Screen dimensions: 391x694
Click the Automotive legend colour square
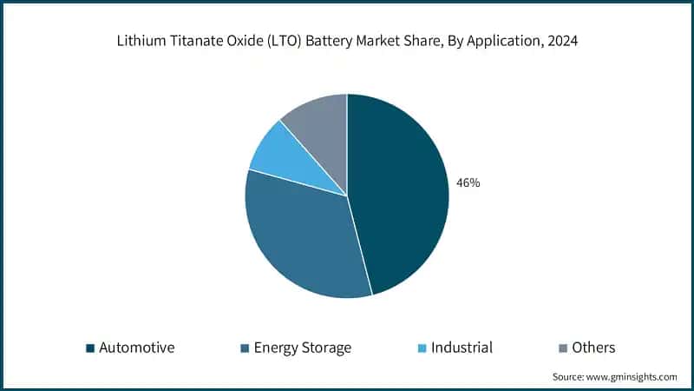point(89,348)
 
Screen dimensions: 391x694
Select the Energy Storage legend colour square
point(244,348)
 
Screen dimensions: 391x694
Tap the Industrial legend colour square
point(422,348)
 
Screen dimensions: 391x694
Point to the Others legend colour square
point(564,348)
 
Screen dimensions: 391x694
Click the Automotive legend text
point(137,348)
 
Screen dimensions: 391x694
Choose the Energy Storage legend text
point(302,348)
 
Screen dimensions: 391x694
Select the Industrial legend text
point(462,348)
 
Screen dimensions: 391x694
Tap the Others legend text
point(594,348)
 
